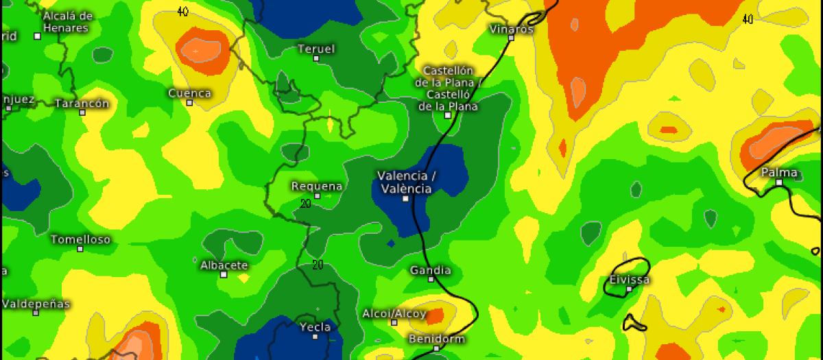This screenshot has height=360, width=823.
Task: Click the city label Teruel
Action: point(316,49)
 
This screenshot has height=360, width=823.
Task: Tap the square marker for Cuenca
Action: point(190,103)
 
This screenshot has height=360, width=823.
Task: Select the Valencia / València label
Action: point(406,182)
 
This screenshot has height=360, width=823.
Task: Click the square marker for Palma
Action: point(779,183)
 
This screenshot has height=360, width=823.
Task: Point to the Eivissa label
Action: point(630,280)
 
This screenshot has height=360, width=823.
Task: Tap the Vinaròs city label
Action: point(511,29)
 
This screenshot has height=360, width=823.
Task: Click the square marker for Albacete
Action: point(224,274)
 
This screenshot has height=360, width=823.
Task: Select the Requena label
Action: point(317,187)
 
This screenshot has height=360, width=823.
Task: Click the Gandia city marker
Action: point(431,279)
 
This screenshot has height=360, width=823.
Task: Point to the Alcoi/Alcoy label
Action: point(394,313)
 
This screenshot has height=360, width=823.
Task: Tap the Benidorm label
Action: point(436,339)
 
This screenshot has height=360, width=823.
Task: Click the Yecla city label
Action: point(315,327)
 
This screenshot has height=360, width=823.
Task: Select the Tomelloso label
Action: point(80,239)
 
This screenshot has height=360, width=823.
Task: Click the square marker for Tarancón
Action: point(82,112)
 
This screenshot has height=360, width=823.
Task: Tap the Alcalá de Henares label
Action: point(67,22)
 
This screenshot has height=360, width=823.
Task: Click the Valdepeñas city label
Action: point(36,303)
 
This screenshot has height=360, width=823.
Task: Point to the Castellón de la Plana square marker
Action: point(448,115)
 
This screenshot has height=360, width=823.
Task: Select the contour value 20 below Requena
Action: point(306,203)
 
